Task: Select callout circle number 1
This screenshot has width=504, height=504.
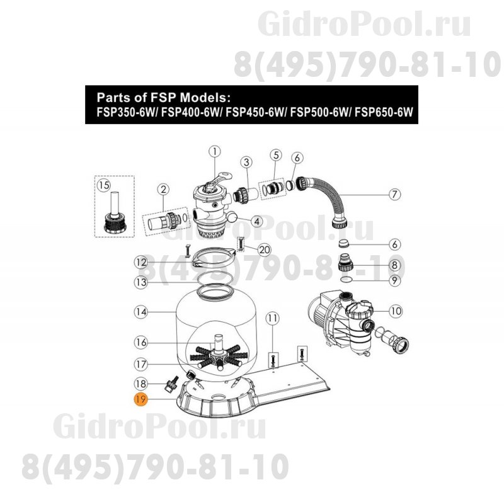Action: (x=214, y=151)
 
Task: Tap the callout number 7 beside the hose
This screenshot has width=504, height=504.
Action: (x=394, y=194)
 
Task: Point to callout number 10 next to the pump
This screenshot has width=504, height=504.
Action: (x=395, y=310)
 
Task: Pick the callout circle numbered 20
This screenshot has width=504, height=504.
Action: (x=265, y=249)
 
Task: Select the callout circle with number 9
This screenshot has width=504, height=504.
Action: (x=394, y=279)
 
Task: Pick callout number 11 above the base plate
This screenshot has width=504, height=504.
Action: (x=272, y=319)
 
